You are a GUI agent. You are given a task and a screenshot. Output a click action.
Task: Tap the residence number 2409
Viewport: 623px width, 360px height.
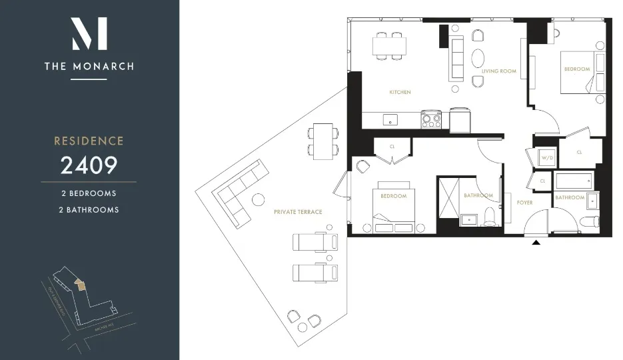coord(89,165)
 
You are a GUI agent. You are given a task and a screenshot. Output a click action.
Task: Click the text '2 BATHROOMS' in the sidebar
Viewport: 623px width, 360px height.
coord(89,209)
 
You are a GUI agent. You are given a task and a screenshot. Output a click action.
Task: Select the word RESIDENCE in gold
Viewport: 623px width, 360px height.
coord(89,141)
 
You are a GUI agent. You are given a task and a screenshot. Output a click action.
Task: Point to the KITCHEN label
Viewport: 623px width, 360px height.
coord(400,92)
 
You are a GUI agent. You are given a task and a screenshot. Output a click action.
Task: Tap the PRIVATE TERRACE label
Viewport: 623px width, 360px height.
coord(298,212)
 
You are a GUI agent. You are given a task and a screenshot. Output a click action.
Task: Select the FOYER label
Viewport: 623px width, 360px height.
coord(524,202)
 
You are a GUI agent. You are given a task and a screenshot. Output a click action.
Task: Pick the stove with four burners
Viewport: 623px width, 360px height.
coord(431,120)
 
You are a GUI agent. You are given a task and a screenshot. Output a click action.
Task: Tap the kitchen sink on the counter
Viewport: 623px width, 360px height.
coord(390,120)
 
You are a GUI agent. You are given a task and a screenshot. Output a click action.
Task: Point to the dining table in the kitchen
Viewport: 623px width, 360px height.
coord(389,46)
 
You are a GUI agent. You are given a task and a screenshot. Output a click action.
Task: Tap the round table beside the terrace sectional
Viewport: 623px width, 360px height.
coord(257,199)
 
